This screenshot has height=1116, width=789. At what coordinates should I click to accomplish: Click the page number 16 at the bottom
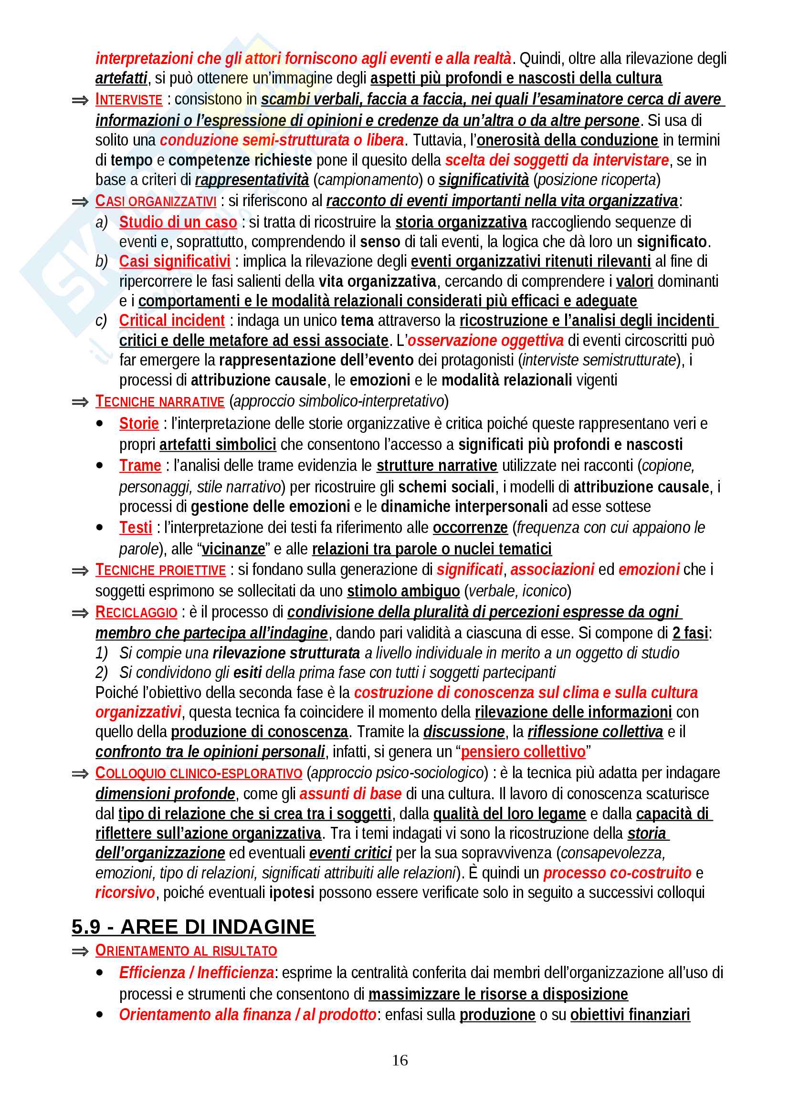[400, 1060]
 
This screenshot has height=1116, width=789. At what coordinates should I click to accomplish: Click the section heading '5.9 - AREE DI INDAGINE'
[193, 927]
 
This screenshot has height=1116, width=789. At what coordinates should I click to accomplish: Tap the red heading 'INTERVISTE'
[129, 100]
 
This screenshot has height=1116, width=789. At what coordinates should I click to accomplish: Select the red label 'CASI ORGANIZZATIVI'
[156, 201]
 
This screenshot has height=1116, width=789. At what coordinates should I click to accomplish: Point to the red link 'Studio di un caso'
[178, 222]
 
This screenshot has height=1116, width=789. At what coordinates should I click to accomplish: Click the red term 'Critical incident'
[172, 321]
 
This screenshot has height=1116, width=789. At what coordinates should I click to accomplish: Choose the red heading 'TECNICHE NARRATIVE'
[159, 401]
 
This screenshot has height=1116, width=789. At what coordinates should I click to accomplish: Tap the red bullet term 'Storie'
[139, 423]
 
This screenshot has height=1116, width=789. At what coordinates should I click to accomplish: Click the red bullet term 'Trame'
[140, 466]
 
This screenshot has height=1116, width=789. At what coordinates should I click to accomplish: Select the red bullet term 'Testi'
[136, 527]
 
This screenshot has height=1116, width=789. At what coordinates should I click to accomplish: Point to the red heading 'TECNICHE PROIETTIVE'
[160, 570]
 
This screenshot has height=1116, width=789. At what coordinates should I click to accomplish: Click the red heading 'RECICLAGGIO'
[136, 612]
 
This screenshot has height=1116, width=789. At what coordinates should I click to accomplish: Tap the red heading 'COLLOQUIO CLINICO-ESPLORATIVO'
[199, 773]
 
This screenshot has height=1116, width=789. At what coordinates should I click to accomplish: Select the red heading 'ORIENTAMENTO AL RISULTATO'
[186, 950]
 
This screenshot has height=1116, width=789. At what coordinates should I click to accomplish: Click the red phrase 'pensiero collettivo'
[523, 752]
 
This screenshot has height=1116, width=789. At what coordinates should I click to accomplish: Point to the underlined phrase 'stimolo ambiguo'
[403, 591]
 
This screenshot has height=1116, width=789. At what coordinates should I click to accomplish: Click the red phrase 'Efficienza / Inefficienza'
[196, 972]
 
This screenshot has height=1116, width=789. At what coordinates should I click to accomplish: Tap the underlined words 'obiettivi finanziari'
[630, 1015]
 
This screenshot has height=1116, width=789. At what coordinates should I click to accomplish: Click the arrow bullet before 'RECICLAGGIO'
[80, 613]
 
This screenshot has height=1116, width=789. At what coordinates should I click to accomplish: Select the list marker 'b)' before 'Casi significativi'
[101, 261]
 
